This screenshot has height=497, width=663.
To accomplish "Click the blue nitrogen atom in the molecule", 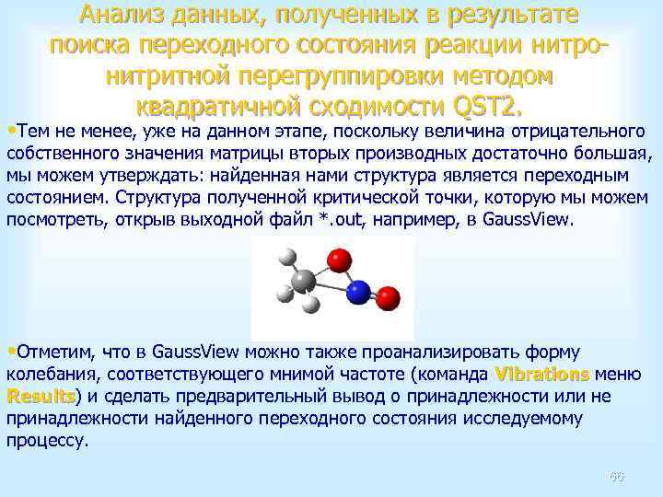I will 358,294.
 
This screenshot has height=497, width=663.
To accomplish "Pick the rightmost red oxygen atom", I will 388,297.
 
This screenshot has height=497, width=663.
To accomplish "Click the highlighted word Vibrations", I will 542,374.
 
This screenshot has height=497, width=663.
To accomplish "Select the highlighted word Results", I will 41,396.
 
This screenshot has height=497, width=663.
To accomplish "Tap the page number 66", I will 617,476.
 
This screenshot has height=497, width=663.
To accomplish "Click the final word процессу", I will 48,440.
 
